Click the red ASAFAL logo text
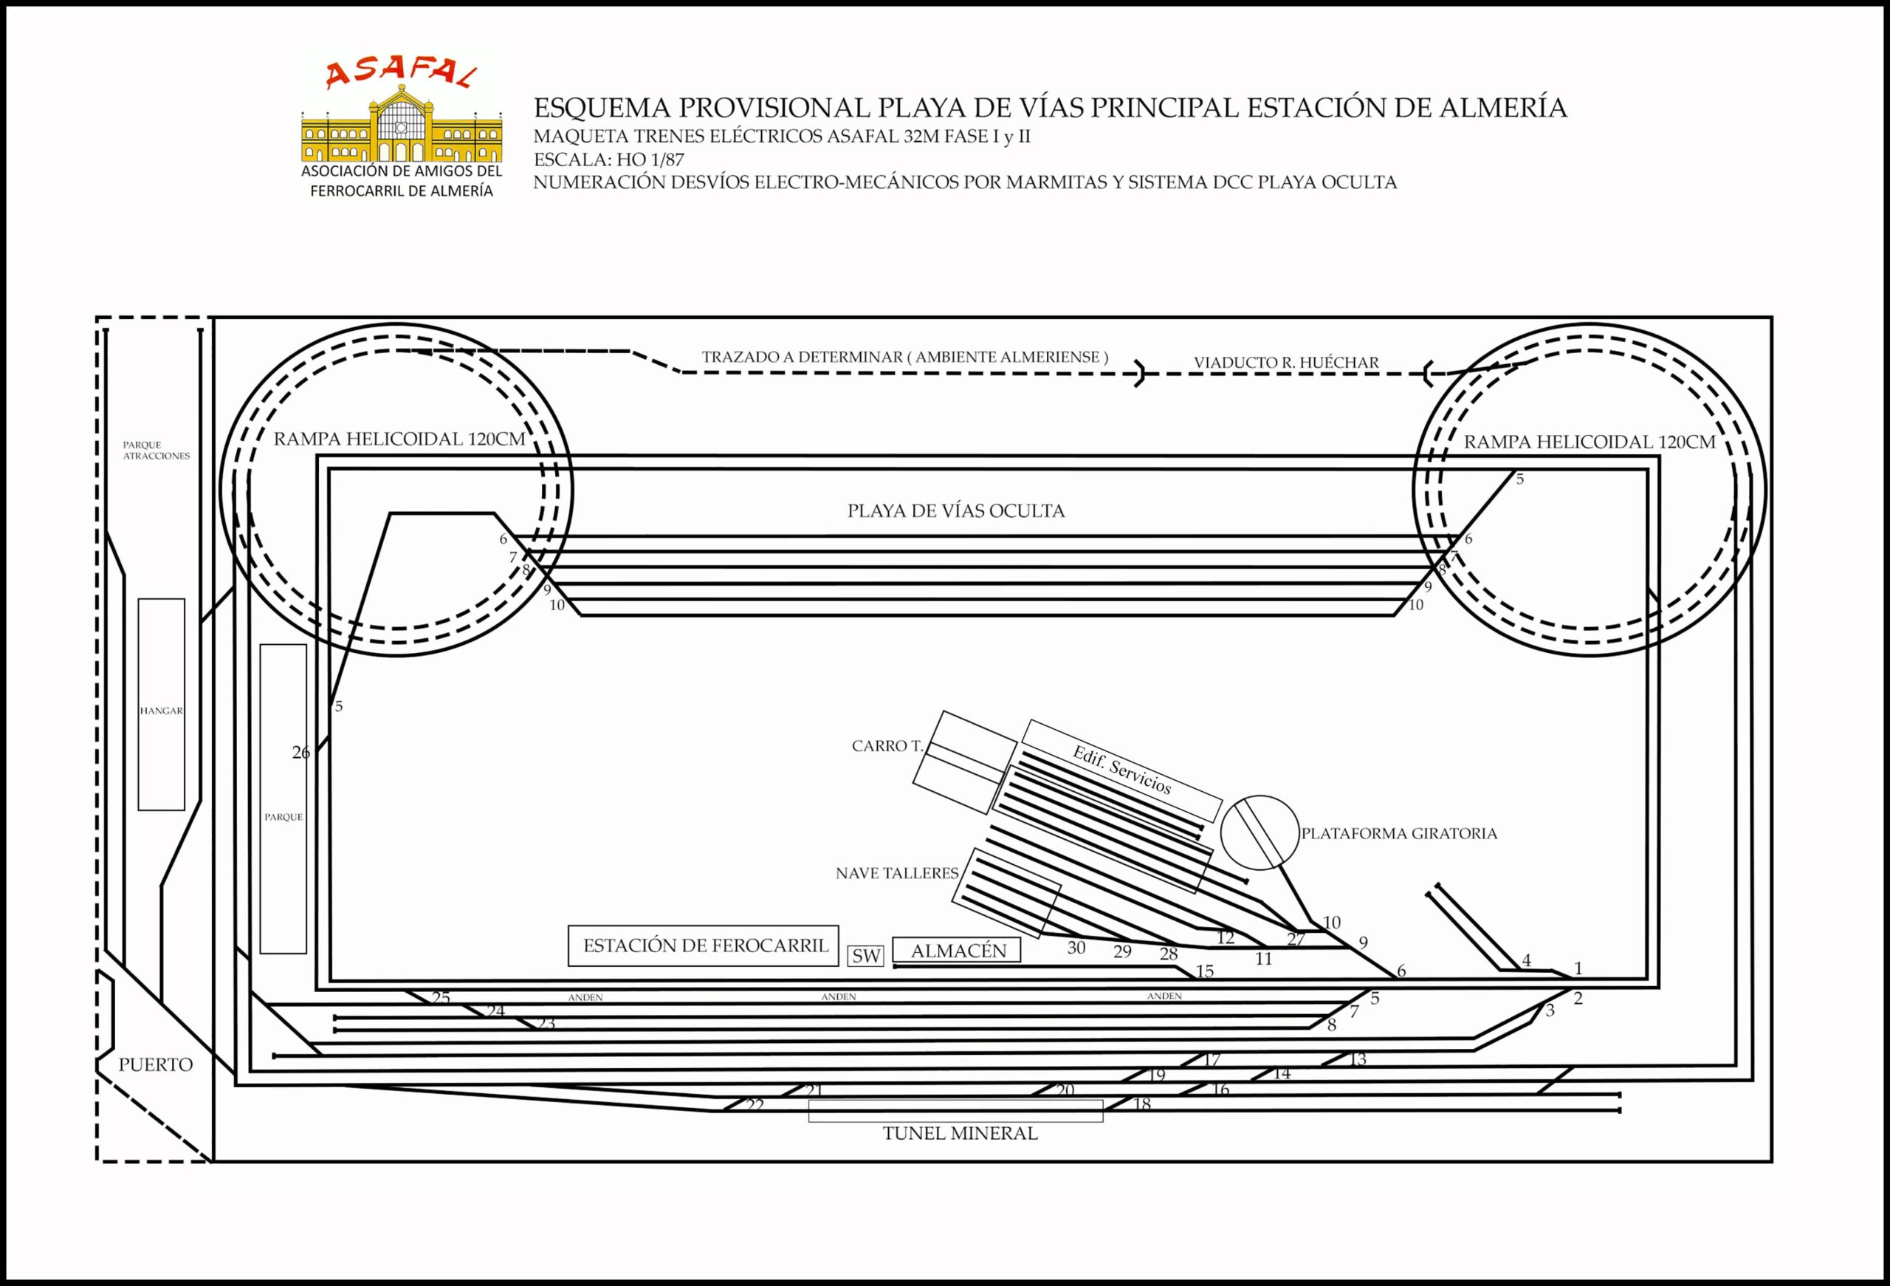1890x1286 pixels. tap(400, 74)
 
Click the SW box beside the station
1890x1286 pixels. tap(866, 956)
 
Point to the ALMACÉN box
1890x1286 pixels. tap(958, 950)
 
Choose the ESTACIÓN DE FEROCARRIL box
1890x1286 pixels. tap(704, 945)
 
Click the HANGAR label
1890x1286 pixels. tap(161, 710)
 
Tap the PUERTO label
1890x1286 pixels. tap(155, 1064)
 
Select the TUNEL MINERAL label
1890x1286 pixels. tap(960, 1133)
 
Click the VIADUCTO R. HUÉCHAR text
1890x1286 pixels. tap(1286, 363)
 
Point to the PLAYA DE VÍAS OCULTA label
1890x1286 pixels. tap(955, 511)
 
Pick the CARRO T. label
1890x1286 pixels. tap(887, 746)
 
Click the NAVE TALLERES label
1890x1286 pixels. tap(897, 873)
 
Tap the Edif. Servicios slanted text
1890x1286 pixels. tap(1121, 770)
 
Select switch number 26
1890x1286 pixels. tap(301, 753)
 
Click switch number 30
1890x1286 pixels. tap(1076, 948)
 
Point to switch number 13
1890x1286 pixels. tap(1357, 1059)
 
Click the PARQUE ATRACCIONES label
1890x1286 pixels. tap(156, 451)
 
